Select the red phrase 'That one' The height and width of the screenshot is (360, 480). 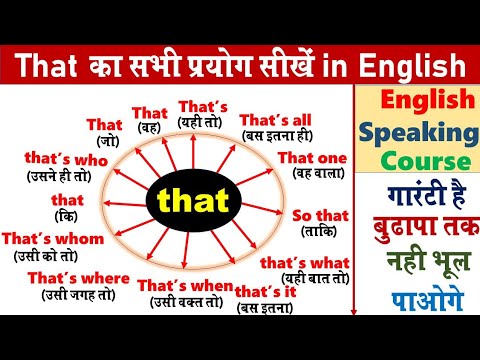click(x=312, y=158)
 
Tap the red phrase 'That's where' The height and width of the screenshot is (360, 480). click(x=79, y=277)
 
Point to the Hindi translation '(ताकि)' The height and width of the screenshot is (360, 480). click(x=318, y=232)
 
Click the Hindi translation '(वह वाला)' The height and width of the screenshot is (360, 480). click(x=312, y=173)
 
